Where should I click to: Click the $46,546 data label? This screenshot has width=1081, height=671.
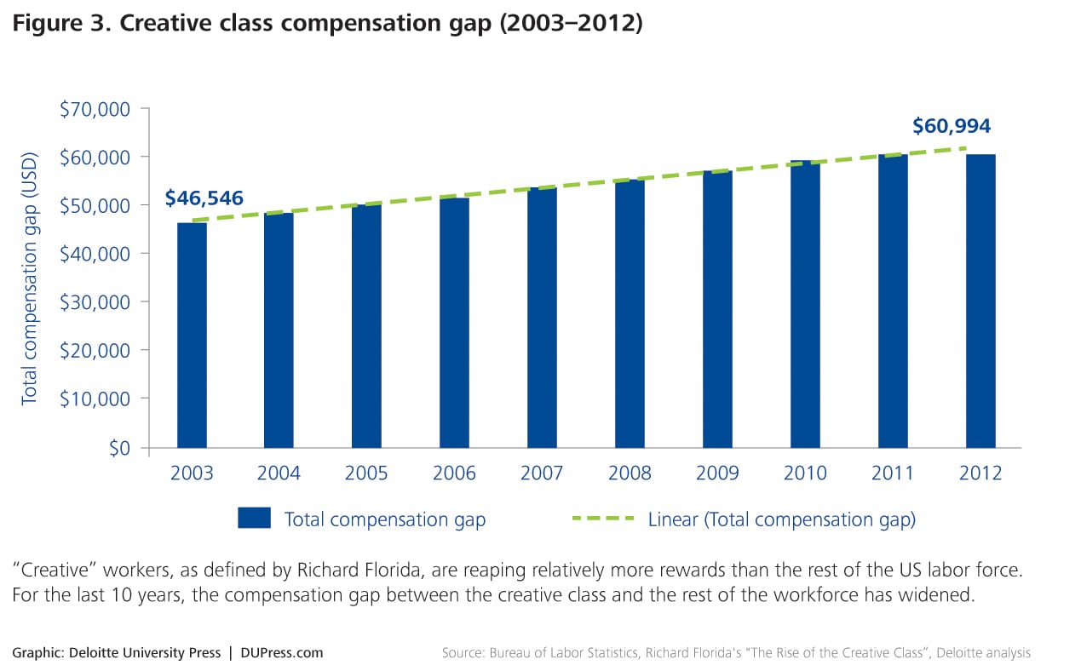204,198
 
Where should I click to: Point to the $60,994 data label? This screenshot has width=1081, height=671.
952,127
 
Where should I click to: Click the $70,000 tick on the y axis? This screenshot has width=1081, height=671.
94,109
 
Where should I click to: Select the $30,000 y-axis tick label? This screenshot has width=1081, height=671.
94,302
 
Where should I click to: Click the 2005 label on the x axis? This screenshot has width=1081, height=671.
366,473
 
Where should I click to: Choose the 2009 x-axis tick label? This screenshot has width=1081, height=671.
717,473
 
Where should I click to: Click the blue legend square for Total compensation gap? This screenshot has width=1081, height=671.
254,519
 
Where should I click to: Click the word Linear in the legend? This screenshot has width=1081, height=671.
672,519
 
